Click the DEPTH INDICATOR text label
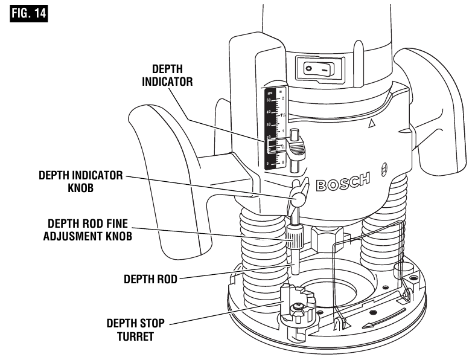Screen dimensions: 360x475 (167, 76)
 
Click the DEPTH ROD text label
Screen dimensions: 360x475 (151, 280)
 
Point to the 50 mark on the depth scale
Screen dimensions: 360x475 (268, 100)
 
